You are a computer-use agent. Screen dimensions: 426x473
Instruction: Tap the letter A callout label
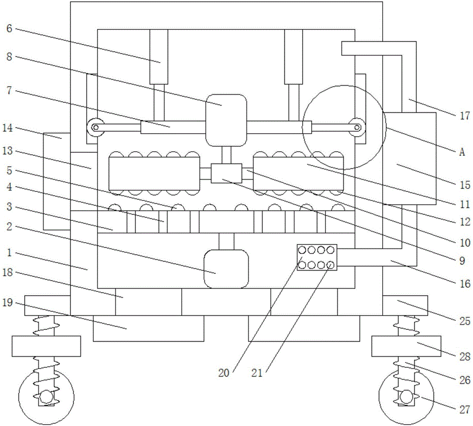(x=462, y=152)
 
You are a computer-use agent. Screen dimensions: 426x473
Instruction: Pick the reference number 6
(x=9, y=28)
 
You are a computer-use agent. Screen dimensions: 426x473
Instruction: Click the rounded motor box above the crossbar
(x=226, y=119)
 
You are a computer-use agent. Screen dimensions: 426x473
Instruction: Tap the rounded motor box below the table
(x=226, y=269)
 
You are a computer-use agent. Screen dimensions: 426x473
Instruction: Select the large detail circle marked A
(x=344, y=127)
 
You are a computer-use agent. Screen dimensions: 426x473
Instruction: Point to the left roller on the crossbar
(x=97, y=127)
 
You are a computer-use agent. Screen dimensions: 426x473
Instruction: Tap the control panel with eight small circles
(x=317, y=257)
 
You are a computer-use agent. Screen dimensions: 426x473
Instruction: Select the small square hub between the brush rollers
(x=226, y=173)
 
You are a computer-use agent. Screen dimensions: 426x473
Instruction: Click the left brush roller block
(x=154, y=174)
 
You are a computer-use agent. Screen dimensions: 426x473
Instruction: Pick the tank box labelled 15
(x=409, y=159)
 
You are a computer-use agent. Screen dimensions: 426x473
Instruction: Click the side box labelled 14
(x=56, y=181)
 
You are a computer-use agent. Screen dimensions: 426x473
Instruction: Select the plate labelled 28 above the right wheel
(x=406, y=346)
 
